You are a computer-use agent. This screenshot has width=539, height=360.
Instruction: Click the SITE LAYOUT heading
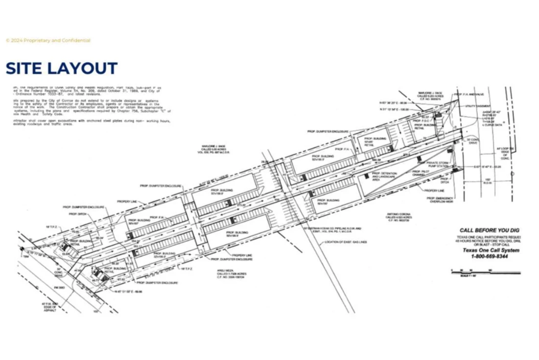click(x=61, y=68)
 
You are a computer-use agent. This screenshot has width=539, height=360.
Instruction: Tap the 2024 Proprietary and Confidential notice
click(x=48, y=40)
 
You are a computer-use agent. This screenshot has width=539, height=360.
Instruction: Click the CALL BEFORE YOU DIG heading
click(x=489, y=230)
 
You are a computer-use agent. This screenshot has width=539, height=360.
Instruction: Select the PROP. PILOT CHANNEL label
click(x=419, y=173)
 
